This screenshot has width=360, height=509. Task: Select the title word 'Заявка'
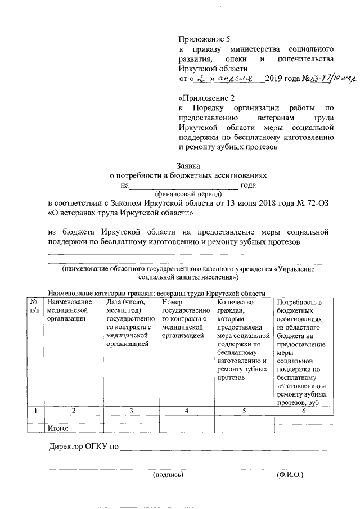(x=188, y=165)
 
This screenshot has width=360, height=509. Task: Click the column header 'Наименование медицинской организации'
(x=69, y=310)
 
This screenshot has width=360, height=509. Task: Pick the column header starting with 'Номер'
(x=186, y=318)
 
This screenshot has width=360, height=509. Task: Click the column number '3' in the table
(x=130, y=411)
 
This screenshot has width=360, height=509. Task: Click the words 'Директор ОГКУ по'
(x=83, y=448)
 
